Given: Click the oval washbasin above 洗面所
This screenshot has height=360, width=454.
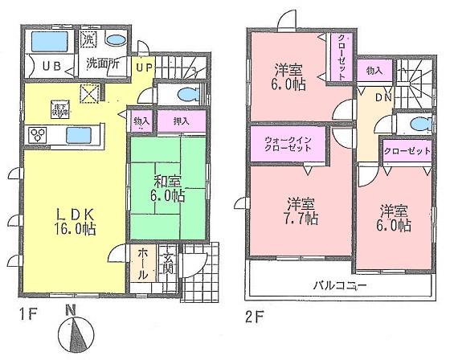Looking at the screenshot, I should (114, 39).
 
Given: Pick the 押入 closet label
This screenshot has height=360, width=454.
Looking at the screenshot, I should (182, 122).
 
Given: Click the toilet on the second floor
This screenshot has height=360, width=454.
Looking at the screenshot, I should (415, 123).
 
